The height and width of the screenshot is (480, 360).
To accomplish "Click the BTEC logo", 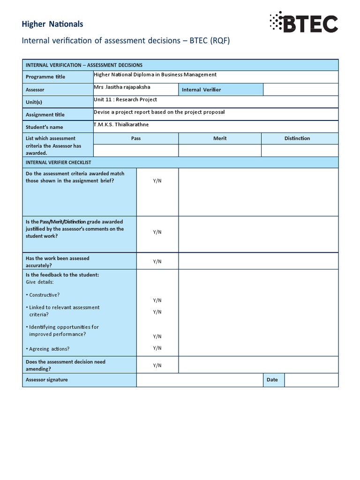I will click(303, 22).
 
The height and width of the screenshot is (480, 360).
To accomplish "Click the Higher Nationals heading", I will click(52, 24).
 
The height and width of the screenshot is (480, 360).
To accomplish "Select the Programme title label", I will click(45, 77).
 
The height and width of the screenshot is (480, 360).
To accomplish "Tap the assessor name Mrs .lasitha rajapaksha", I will click(122, 87).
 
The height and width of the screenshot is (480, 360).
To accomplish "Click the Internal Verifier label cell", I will click(201, 90).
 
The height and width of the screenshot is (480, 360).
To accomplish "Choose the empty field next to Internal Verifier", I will click(300, 90).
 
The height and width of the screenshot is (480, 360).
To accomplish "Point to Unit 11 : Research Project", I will click(126, 100).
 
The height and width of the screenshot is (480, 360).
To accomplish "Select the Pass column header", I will click(136, 138).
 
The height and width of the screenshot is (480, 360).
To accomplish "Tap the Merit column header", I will click(220, 138).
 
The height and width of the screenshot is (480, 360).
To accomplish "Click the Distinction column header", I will click(297, 138).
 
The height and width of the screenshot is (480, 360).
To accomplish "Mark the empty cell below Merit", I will click(220, 150).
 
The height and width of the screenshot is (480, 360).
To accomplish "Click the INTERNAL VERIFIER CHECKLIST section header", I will click(58, 162).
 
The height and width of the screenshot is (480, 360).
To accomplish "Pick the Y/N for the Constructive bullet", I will click(157, 300).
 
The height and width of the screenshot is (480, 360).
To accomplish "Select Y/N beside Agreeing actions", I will click(157, 348).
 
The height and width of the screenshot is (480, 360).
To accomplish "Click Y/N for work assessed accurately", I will click(157, 262).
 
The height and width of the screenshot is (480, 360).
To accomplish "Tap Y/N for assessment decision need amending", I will click(157, 365).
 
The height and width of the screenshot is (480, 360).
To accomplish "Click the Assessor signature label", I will click(46, 380).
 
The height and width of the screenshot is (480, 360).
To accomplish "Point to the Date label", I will click(272, 380).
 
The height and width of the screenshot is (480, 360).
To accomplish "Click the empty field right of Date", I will click(311, 380).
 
